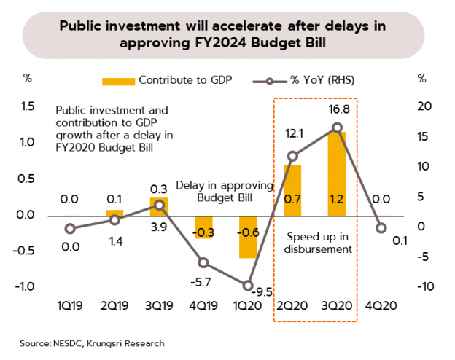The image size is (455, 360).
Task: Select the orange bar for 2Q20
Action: coord(293,190)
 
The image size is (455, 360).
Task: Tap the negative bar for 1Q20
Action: coord(249,237)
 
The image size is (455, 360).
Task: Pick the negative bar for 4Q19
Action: coord(203,227)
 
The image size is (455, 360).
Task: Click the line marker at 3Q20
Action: coord(337,128)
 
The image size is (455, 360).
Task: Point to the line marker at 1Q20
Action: coord(249,286)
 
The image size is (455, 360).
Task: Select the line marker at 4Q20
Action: coord(381,228)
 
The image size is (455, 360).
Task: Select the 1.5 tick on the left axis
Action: coord(28,107)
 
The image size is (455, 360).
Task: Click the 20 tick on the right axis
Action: coord(424,107)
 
